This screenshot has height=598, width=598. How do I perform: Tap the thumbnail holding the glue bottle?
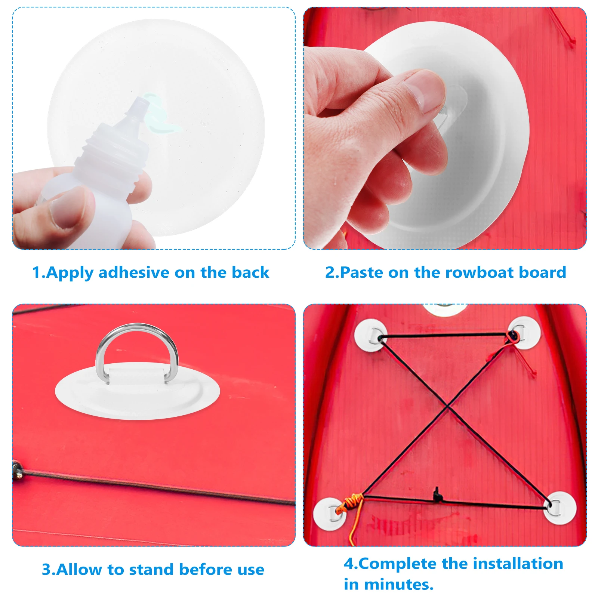pyautogui.click(x=67, y=208)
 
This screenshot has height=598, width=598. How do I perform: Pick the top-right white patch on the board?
pyautogui.click(x=524, y=333)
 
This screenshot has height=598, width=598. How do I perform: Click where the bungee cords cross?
pyautogui.click(x=448, y=407)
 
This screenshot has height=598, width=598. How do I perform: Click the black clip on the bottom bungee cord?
pyautogui.click(x=437, y=496)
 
